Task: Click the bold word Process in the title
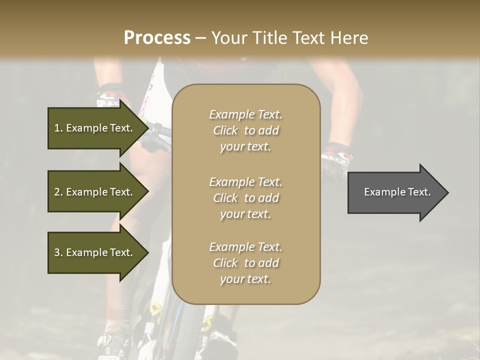(x=157, y=38)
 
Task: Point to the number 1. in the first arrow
(x=58, y=128)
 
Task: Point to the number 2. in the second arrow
(x=58, y=192)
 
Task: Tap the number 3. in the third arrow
(x=58, y=252)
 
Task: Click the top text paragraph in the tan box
(x=246, y=130)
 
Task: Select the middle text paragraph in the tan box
(x=246, y=198)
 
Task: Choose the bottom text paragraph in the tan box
(x=246, y=263)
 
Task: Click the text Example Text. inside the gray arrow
(x=397, y=192)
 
